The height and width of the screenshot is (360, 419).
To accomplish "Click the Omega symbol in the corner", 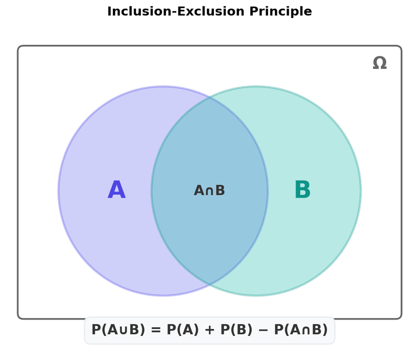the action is (380, 63).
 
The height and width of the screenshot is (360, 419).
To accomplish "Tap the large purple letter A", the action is (117, 189).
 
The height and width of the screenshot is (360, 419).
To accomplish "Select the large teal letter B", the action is (302, 189).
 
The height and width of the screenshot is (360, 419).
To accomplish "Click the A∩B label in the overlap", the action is (209, 190).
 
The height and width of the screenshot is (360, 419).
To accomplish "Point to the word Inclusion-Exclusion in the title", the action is (176, 11).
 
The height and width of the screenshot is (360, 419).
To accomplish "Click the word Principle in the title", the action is (280, 12).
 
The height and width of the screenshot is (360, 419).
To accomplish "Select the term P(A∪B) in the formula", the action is (118, 329).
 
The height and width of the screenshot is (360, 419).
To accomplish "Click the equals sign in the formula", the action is (156, 330).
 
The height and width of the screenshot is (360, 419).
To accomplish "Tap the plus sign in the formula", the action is (209, 330).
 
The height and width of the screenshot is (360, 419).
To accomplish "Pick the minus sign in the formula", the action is (263, 330).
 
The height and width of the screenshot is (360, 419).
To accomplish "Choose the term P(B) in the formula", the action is (236, 329).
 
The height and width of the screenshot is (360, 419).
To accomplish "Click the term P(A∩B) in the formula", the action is (301, 329).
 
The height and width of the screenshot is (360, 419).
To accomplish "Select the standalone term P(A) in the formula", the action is (183, 329).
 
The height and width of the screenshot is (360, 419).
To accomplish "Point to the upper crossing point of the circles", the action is (209, 98).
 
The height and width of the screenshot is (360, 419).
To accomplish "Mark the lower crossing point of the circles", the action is (209, 284).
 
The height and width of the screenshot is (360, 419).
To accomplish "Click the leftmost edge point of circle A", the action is (58, 191).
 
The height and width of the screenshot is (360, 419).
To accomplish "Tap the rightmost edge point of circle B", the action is (361, 191).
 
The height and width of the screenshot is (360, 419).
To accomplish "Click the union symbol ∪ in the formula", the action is (123, 331).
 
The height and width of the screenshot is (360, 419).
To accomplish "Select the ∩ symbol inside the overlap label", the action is (209, 191).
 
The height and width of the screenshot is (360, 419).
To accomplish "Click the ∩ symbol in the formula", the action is (306, 331).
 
